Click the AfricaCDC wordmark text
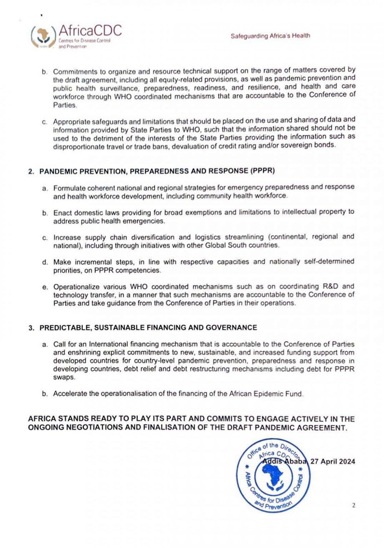pyautogui.click(x=90, y=30)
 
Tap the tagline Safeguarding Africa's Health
pyautogui.click(x=270, y=36)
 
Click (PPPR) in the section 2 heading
pyautogui.click(x=263, y=171)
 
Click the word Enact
pyautogui.click(x=62, y=213)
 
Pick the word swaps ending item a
pyautogui.click(x=64, y=377)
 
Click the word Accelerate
pyautogui.click(x=70, y=394)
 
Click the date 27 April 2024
pyautogui.click(x=333, y=461)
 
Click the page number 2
pyautogui.click(x=353, y=505)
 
